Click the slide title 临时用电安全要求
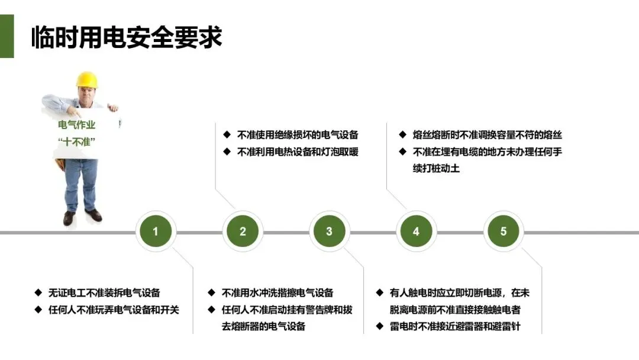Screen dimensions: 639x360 click(127, 37)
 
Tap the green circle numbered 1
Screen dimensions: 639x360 click(156, 232)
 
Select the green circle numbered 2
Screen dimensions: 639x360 click(243, 232)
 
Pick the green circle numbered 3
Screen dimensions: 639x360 click(329, 232)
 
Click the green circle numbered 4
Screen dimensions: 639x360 click(416, 232)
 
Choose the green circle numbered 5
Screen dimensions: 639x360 click(503, 232)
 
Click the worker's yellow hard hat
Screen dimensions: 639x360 click(87, 80)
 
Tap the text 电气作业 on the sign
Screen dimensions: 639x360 click(76, 125)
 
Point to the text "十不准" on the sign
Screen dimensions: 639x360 click(77, 142)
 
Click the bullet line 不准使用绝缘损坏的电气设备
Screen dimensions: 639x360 click(298, 135)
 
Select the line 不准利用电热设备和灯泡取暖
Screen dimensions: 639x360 click(298, 152)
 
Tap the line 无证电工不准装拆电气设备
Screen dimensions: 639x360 click(104, 292)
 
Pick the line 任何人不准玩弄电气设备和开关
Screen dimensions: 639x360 click(114, 309)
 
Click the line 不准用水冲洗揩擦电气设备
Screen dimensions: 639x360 click(277, 292)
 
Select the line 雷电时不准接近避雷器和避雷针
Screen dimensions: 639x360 click(455, 326)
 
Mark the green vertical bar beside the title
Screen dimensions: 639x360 click(7, 37)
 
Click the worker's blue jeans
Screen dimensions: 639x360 click(80, 184)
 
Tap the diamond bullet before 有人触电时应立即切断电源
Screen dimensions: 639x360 click(379, 292)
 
